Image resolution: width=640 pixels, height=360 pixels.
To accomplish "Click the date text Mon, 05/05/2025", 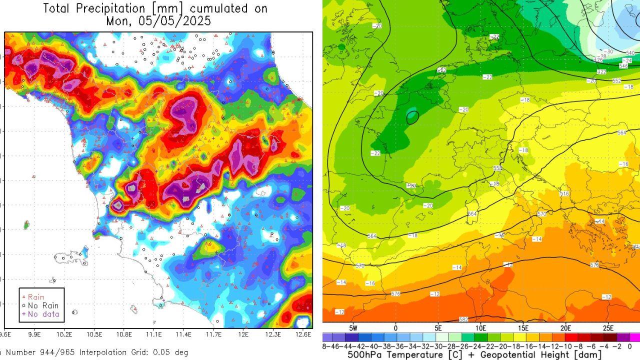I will point(158,21).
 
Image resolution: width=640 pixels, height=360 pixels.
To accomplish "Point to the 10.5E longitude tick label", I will point(94,334).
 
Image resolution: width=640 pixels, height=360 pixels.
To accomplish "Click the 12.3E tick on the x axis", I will point(273,334).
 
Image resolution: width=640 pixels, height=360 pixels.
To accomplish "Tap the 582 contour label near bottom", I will point(463,319).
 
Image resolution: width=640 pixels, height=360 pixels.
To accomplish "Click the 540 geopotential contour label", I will point(630,53).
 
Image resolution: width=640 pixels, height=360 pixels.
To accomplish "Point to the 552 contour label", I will point(616,80).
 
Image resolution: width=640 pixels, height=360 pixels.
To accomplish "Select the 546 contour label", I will point(623,65).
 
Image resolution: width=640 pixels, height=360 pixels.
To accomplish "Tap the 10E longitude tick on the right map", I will point(480,328).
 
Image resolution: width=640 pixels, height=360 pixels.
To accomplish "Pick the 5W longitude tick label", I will point(353,328).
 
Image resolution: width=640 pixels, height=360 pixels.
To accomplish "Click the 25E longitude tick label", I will point(608,328).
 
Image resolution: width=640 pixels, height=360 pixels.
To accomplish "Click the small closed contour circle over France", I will point(412,117).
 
